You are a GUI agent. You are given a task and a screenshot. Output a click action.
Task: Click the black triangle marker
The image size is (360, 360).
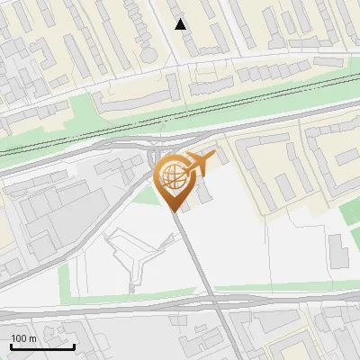click(181, 24)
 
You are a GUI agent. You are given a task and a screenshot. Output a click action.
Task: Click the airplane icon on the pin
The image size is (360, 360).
click(200, 162)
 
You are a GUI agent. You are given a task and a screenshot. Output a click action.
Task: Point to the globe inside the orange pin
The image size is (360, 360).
click(171, 174)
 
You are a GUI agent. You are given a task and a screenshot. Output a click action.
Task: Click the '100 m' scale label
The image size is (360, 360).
click(23, 338)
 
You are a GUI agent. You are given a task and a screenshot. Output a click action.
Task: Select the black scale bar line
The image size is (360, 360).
click(42, 346)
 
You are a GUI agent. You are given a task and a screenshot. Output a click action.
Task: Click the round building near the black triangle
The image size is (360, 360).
click(148, 54)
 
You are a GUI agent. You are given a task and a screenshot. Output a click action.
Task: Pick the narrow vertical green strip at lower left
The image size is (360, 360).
click(64, 280)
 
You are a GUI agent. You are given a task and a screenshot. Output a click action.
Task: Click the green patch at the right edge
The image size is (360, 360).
click(351, 211)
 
